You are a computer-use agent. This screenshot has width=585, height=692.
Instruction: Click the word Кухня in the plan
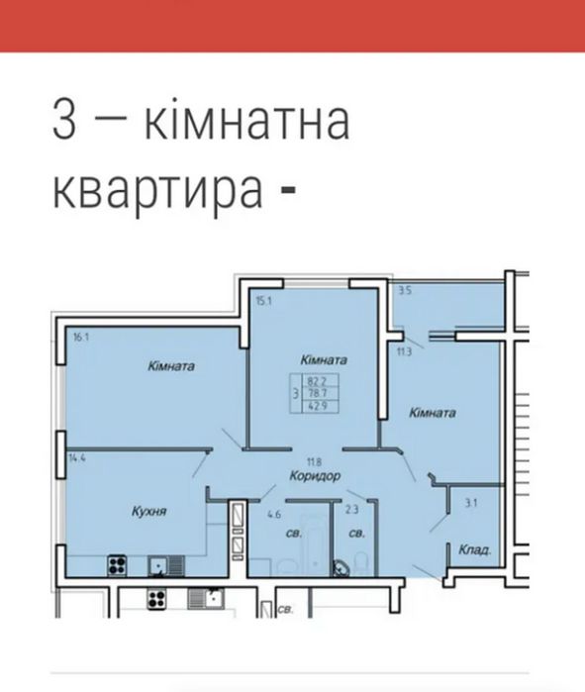point(147,512)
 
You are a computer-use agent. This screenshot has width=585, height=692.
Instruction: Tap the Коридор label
point(316,476)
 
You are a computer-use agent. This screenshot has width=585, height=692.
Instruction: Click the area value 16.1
point(80,338)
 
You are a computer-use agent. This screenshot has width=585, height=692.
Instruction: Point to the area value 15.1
point(262,302)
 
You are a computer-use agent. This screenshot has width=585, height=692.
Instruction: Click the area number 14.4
point(78,458)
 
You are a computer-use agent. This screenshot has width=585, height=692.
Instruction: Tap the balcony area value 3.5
point(405,291)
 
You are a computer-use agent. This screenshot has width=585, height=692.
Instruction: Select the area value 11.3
point(404,350)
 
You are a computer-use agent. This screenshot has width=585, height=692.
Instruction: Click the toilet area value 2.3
point(351,511)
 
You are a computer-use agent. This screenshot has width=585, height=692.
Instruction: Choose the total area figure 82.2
point(317,379)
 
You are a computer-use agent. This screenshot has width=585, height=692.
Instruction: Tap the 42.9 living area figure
point(317,405)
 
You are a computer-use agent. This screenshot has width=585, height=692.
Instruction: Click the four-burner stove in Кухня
point(118,566)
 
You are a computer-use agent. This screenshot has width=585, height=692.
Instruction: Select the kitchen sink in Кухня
point(158,566)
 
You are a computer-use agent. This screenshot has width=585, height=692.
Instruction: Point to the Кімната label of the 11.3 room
point(433,413)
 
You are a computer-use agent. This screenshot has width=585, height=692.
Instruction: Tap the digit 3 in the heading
point(64,125)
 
